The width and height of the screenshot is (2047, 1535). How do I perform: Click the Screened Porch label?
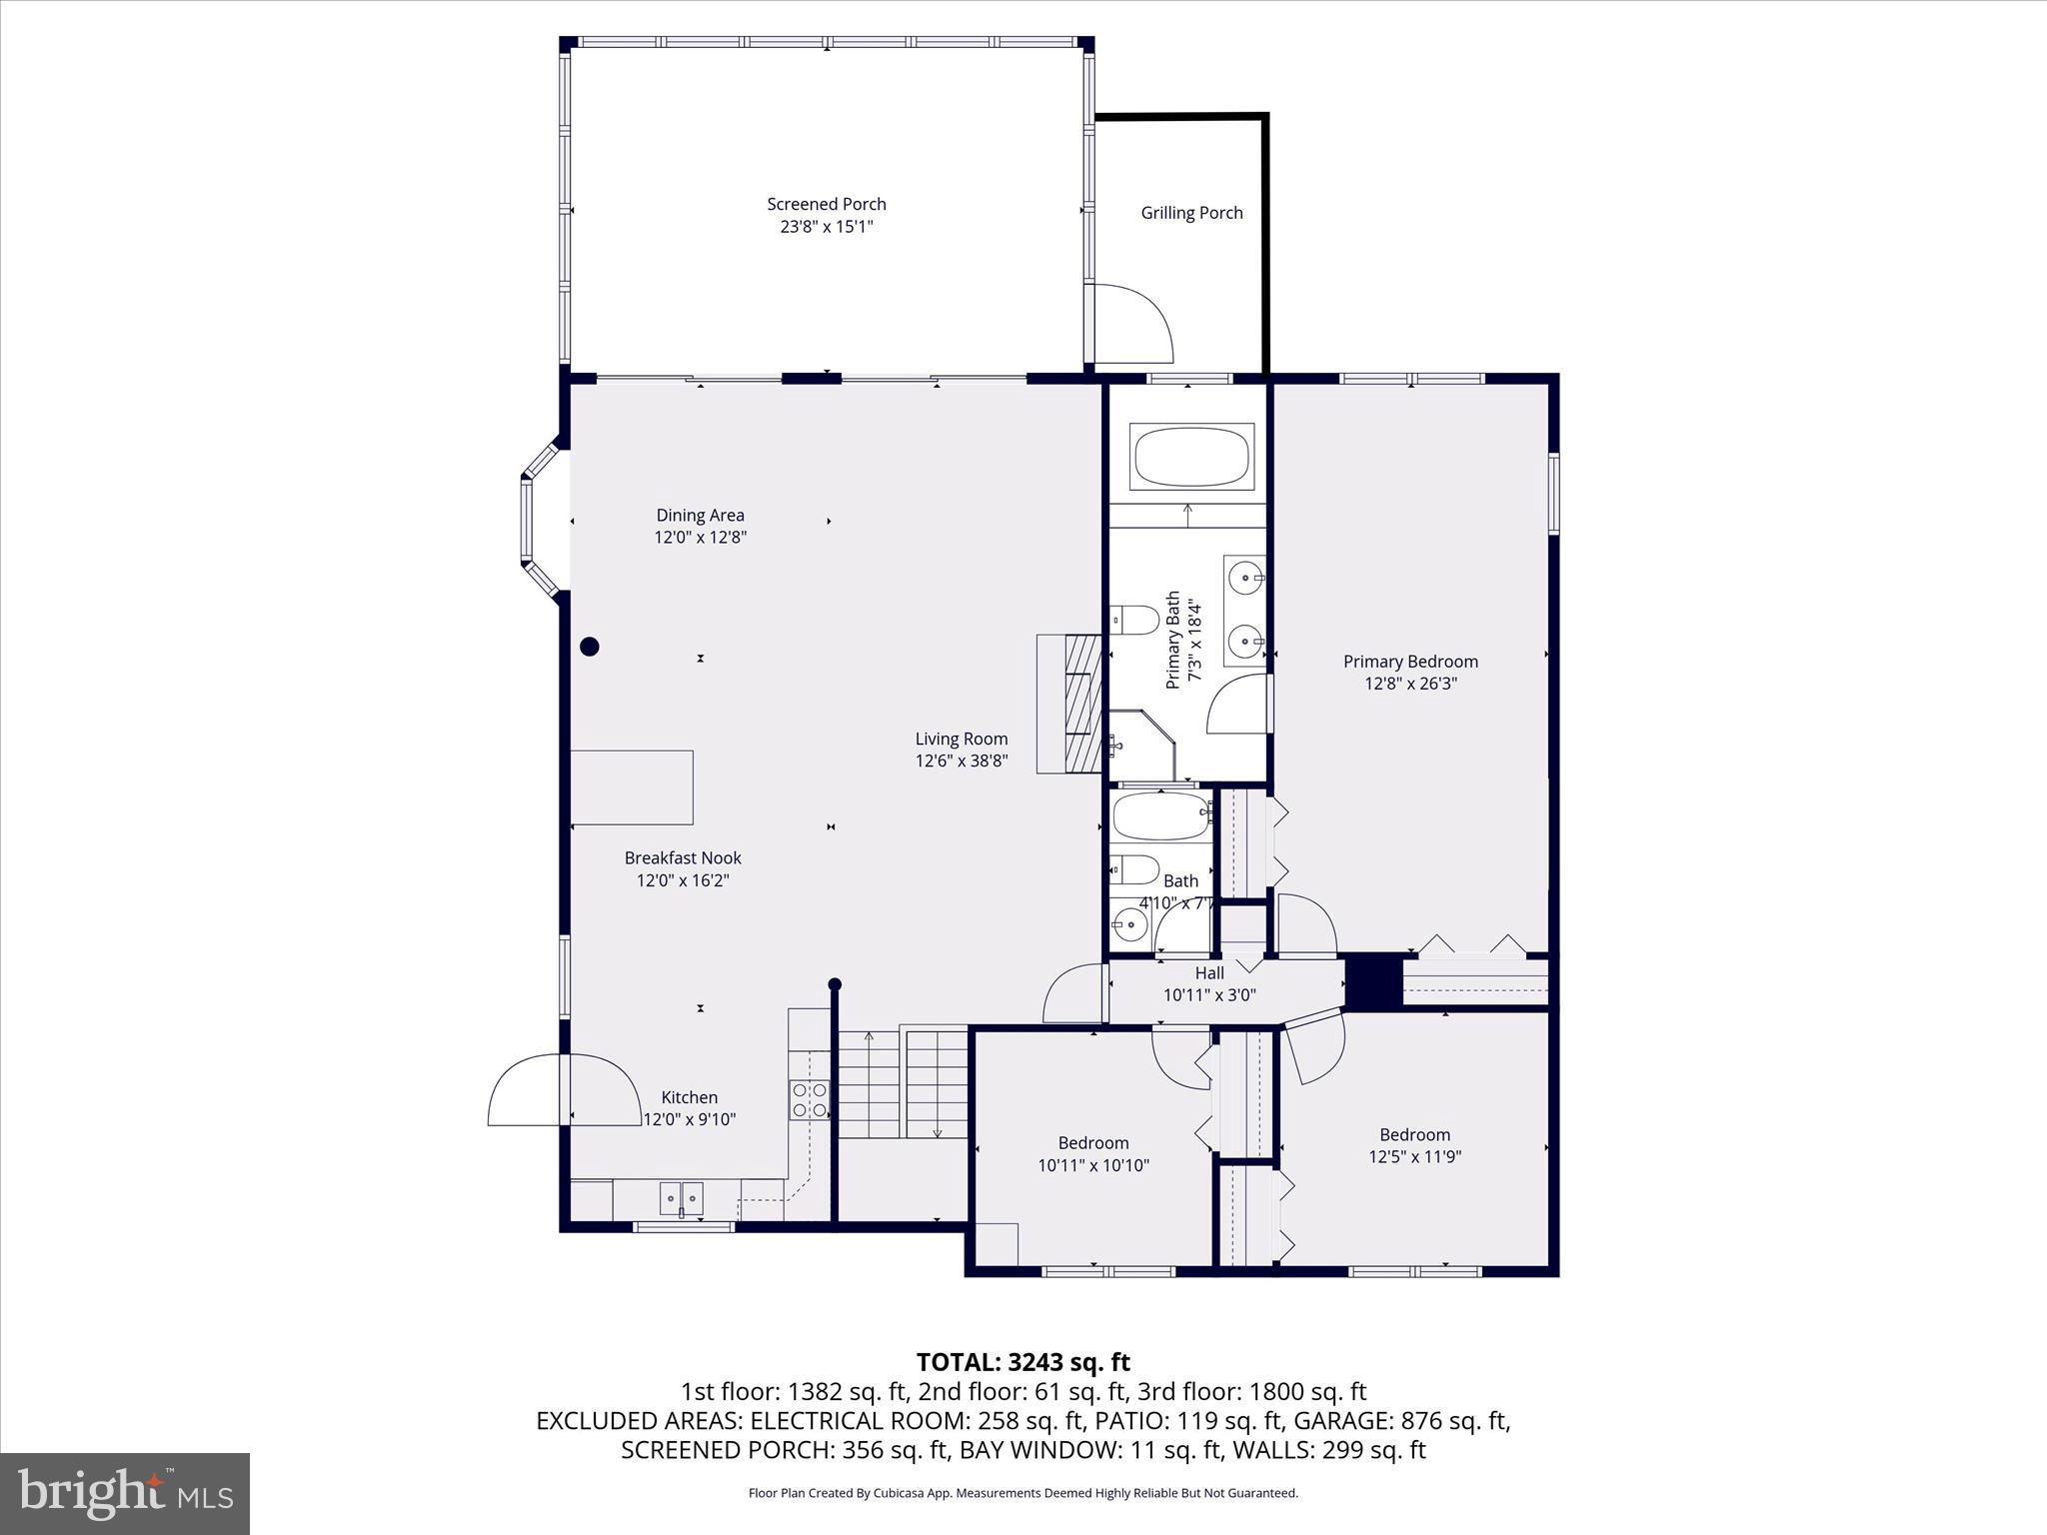[x=826, y=204]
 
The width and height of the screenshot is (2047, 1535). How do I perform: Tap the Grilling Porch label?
[x=1191, y=213]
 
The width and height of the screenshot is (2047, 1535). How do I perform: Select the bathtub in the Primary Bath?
[x=1191, y=458]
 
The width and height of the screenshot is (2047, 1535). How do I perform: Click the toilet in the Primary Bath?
[x=1135, y=620]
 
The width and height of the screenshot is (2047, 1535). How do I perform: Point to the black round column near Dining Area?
[x=590, y=647]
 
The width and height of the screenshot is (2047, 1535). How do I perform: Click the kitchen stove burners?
[x=809, y=1099]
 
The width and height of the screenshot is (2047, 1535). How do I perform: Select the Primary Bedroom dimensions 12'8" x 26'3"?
[x=1410, y=684]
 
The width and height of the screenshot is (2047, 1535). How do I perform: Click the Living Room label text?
[x=961, y=739]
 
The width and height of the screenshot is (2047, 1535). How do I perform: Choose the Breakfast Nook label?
[x=683, y=857]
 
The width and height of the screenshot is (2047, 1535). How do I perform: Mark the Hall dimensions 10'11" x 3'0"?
[x=1209, y=994]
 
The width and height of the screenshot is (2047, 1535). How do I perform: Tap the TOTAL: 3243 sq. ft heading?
[x=1023, y=1362]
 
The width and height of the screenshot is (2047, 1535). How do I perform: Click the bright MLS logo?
[x=125, y=1493]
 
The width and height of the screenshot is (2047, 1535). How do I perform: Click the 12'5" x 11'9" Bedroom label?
[x=1414, y=1145]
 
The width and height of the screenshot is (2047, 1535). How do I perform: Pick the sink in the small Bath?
[x=1129, y=924]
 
